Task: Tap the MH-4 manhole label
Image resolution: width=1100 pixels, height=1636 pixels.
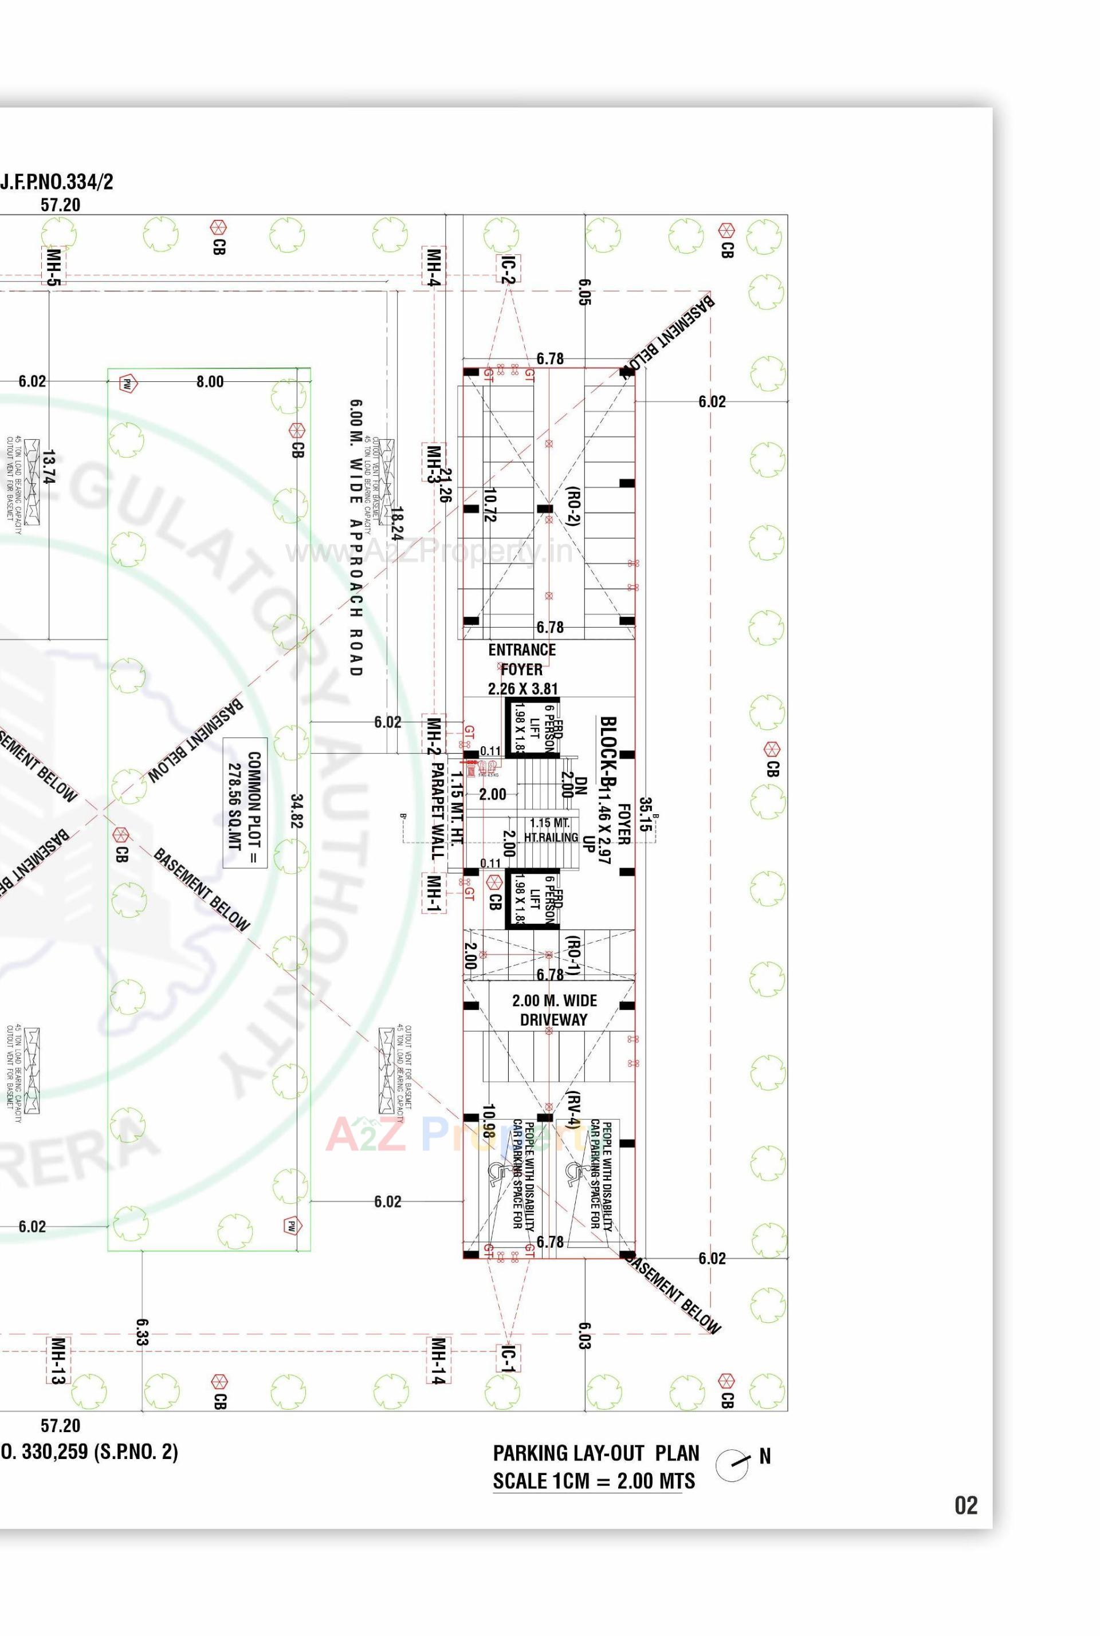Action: click(434, 266)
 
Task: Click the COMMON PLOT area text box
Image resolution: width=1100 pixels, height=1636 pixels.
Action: click(245, 802)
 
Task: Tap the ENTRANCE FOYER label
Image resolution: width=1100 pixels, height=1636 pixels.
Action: click(522, 660)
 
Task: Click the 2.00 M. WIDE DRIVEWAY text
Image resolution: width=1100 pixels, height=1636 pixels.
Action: click(554, 1010)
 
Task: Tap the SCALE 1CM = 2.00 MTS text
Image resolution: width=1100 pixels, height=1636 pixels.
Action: click(594, 1481)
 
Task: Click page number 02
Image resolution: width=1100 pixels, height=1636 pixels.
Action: click(965, 1505)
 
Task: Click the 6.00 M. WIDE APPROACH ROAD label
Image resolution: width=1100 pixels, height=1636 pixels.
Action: click(356, 537)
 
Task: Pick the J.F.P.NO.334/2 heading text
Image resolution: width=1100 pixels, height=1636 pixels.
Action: click(57, 182)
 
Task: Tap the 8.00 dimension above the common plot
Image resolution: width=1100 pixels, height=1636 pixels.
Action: click(210, 381)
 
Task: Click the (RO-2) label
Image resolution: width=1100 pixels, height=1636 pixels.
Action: click(573, 506)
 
